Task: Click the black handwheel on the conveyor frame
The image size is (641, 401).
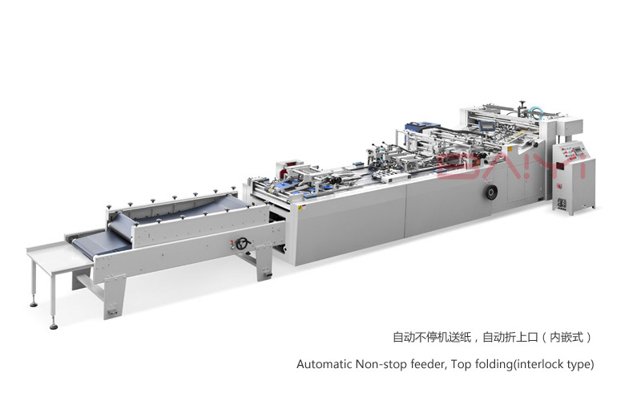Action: (243, 244)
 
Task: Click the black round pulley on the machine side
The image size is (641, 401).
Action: (490, 192)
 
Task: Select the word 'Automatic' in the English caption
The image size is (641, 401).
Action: (325, 364)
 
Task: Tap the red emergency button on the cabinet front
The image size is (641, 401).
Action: (559, 187)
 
